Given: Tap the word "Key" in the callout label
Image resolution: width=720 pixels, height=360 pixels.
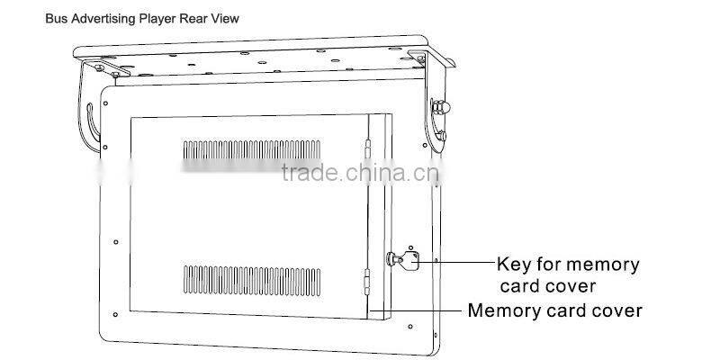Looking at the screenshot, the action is [x=516, y=265].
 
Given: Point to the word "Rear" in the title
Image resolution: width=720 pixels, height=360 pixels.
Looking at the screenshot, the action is [x=198, y=17].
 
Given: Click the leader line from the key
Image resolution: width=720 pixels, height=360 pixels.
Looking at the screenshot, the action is [x=450, y=262].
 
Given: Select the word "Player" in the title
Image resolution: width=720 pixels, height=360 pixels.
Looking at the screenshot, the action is [x=154, y=17].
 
